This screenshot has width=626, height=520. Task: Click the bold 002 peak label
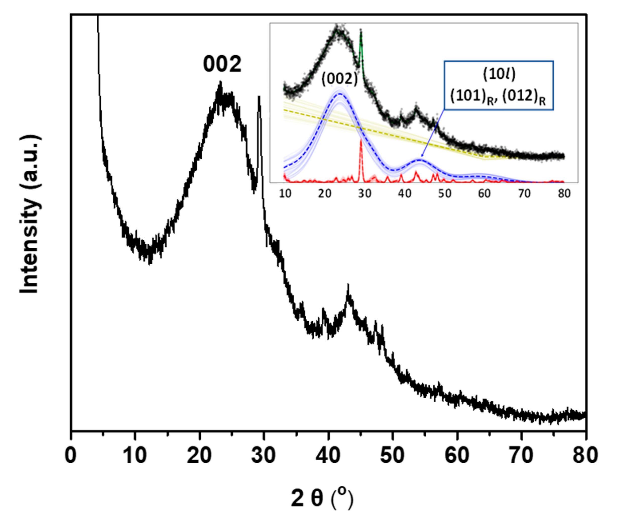222,64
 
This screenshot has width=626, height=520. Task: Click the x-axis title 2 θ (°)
322,498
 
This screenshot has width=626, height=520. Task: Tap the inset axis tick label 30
365,193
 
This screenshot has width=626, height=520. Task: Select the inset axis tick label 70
524,193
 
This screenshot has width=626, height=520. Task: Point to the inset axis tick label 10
285,193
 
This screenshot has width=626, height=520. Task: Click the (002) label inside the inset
339,79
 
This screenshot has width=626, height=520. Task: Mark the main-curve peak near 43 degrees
348,287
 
